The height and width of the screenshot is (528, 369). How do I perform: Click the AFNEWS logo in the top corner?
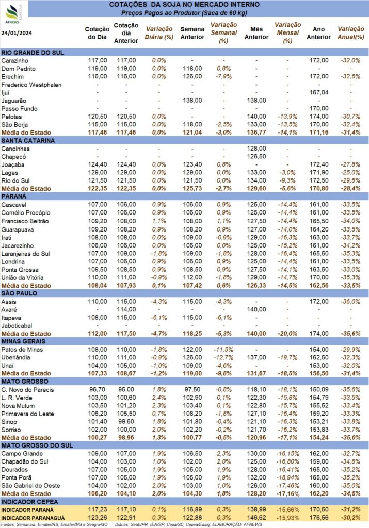(x=13, y=13)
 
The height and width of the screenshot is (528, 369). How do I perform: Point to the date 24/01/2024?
(x=17, y=33)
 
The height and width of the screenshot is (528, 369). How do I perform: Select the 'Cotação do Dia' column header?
(x=97, y=33)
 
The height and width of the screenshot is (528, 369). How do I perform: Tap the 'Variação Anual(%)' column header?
(x=351, y=33)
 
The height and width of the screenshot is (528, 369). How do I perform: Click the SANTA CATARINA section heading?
(x=28, y=141)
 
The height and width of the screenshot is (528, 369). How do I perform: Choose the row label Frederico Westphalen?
(x=31, y=85)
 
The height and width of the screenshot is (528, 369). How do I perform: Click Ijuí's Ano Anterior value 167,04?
(x=319, y=92)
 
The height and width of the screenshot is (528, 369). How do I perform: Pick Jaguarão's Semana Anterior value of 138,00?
(x=192, y=101)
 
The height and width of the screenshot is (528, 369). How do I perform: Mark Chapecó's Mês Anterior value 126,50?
(x=256, y=157)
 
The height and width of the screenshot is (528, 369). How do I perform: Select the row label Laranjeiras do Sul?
(x=26, y=254)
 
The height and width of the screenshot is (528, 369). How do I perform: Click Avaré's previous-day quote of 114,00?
(x=126, y=309)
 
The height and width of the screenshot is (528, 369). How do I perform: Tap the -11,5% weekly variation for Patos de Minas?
(x=223, y=350)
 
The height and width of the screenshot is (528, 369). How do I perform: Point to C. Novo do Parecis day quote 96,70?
(x=98, y=390)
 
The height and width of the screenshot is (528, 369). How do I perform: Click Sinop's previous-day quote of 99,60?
(x=126, y=422)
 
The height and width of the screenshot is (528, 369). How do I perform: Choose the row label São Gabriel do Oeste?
(x=30, y=486)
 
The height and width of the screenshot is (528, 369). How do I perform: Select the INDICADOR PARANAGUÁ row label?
(x=33, y=518)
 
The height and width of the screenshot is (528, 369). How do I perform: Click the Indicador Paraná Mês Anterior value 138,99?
(x=256, y=510)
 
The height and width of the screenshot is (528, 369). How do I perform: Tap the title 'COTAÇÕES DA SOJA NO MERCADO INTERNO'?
(x=184, y=5)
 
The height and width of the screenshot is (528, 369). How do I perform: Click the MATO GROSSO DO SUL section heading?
(x=37, y=445)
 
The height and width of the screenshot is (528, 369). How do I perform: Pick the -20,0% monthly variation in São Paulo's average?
(x=287, y=334)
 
